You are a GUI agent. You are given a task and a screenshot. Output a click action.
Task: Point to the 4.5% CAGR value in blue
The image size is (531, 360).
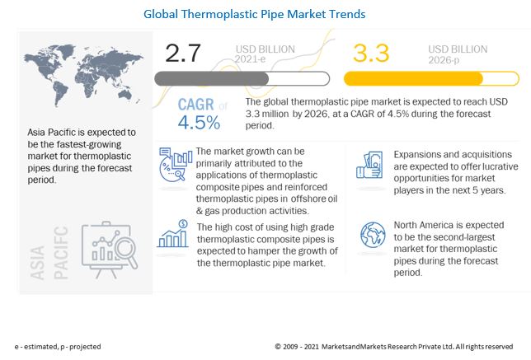tap(198, 124)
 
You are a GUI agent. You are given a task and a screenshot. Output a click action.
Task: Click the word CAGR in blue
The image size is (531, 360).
tap(196, 105)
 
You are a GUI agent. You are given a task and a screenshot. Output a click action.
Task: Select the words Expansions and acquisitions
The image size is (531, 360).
tap(438, 154)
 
